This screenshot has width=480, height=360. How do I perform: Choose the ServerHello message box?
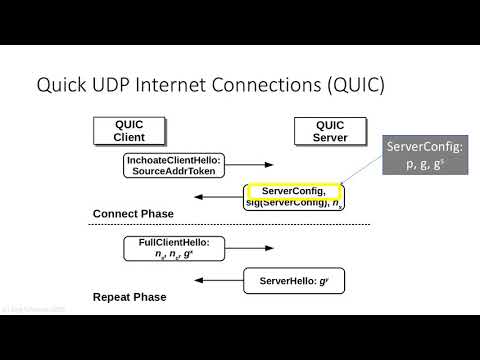pos(288,281)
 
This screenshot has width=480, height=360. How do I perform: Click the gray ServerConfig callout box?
pos(427,156)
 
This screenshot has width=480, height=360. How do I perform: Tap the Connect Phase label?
pos(133,214)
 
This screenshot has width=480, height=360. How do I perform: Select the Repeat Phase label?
pos(129,297)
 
